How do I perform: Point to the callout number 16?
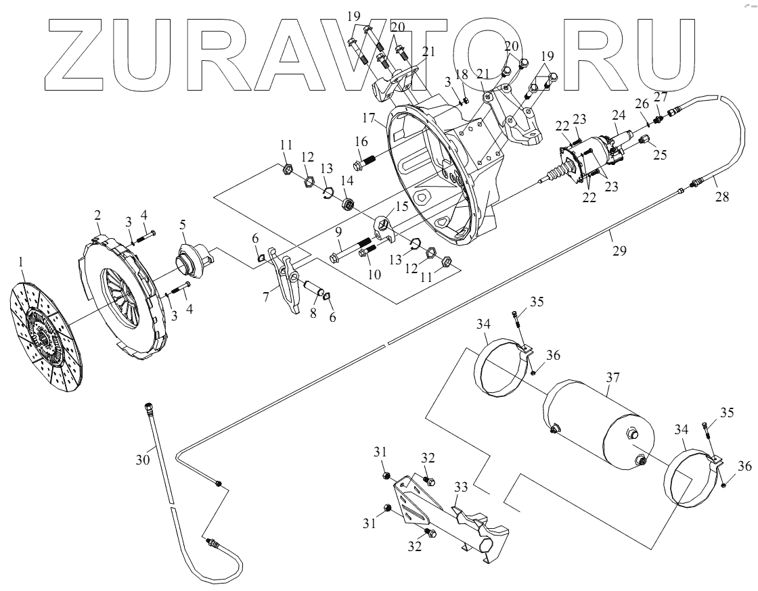(x=359, y=141)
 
